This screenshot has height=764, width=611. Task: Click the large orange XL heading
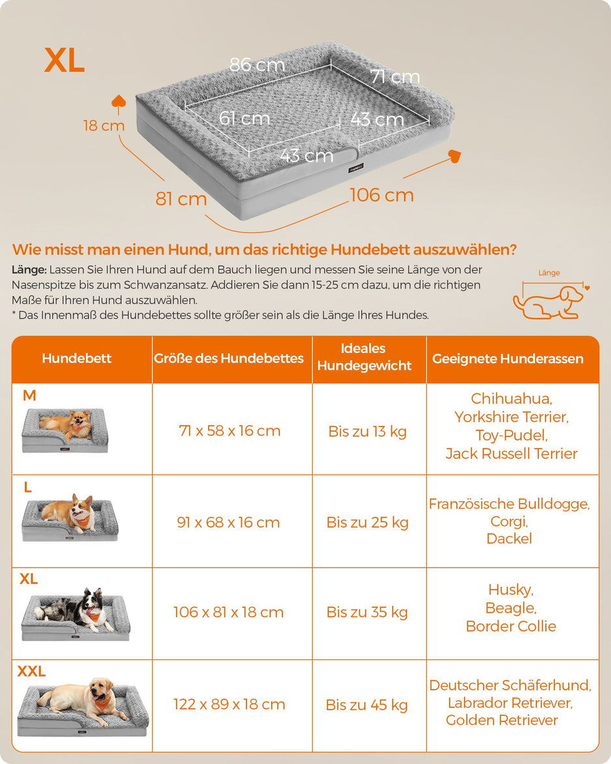click(x=64, y=60)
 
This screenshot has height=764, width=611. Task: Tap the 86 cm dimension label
click(x=257, y=65)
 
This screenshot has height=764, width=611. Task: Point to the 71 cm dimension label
click(x=395, y=77)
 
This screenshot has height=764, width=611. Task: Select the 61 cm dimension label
click(x=244, y=118)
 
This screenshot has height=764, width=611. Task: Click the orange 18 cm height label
click(x=104, y=125)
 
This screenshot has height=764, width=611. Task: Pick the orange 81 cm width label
click(x=181, y=199)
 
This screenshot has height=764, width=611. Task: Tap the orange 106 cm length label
click(x=382, y=195)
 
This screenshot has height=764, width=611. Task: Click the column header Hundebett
click(x=77, y=358)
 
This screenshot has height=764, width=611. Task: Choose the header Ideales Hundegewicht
click(x=364, y=357)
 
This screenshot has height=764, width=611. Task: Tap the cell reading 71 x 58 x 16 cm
click(x=229, y=430)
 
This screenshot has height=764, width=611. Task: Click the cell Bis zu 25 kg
click(x=367, y=522)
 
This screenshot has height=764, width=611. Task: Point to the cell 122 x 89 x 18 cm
click(x=229, y=704)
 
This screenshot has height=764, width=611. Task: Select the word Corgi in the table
click(x=509, y=521)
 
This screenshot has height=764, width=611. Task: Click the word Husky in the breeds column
click(x=511, y=590)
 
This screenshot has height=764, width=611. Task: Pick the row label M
click(x=29, y=395)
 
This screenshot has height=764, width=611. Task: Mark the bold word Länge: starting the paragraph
click(x=29, y=270)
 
